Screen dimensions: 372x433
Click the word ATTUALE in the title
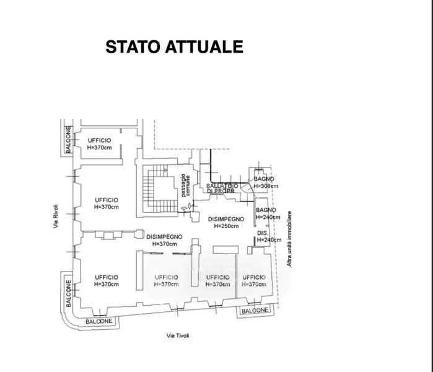click(208, 47)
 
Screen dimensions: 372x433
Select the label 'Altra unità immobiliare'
click(289, 239)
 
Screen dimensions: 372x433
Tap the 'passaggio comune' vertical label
click(185, 186)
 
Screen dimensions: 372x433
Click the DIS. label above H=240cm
click(261, 233)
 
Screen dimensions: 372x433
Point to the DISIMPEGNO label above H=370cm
click(164, 237)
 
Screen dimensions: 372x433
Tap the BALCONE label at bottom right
click(255, 310)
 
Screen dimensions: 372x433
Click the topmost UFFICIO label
click(99, 141)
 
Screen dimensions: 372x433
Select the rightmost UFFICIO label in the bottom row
click(254, 277)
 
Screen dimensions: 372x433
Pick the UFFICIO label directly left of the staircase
click(107, 199)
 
